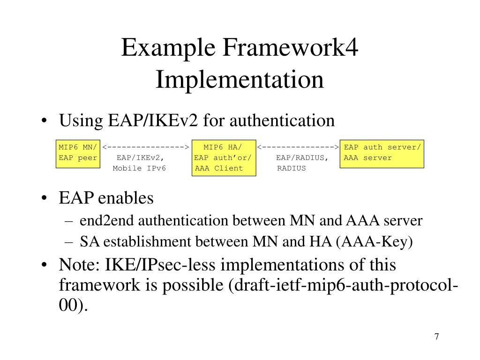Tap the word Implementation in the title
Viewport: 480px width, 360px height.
pyautogui.click(x=240, y=79)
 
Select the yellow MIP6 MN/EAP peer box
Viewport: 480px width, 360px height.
pyautogui.click(x=77, y=153)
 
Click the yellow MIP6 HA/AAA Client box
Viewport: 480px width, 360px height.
pyautogui.click(x=225, y=158)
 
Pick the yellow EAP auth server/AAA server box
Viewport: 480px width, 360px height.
pyautogui.click(x=382, y=153)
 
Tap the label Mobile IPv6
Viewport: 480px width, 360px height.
pyautogui.click(x=139, y=168)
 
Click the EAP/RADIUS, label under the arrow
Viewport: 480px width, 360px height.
pyautogui.click(x=302, y=158)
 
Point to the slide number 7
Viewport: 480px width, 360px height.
pyautogui.click(x=436, y=337)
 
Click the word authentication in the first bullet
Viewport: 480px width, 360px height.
pyautogui.click(x=283, y=121)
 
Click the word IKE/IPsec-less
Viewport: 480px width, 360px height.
pyautogui.click(x=154, y=265)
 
